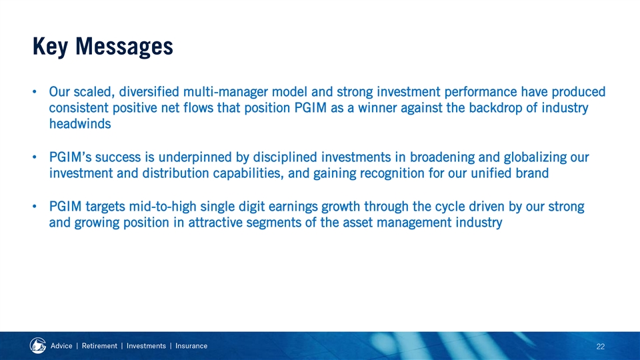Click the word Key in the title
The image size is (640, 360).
(50, 46)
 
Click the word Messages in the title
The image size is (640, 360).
(124, 47)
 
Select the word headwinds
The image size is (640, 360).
(80, 124)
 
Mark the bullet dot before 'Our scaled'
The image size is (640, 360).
(35, 92)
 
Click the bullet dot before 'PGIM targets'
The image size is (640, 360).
(35, 207)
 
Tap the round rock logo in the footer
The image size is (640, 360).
(38, 346)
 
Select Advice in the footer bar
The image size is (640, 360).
(61, 346)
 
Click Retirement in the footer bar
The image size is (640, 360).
(99, 346)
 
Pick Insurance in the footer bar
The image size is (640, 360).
(191, 346)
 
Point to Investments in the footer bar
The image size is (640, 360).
(146, 346)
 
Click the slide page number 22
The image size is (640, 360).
(601, 347)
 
